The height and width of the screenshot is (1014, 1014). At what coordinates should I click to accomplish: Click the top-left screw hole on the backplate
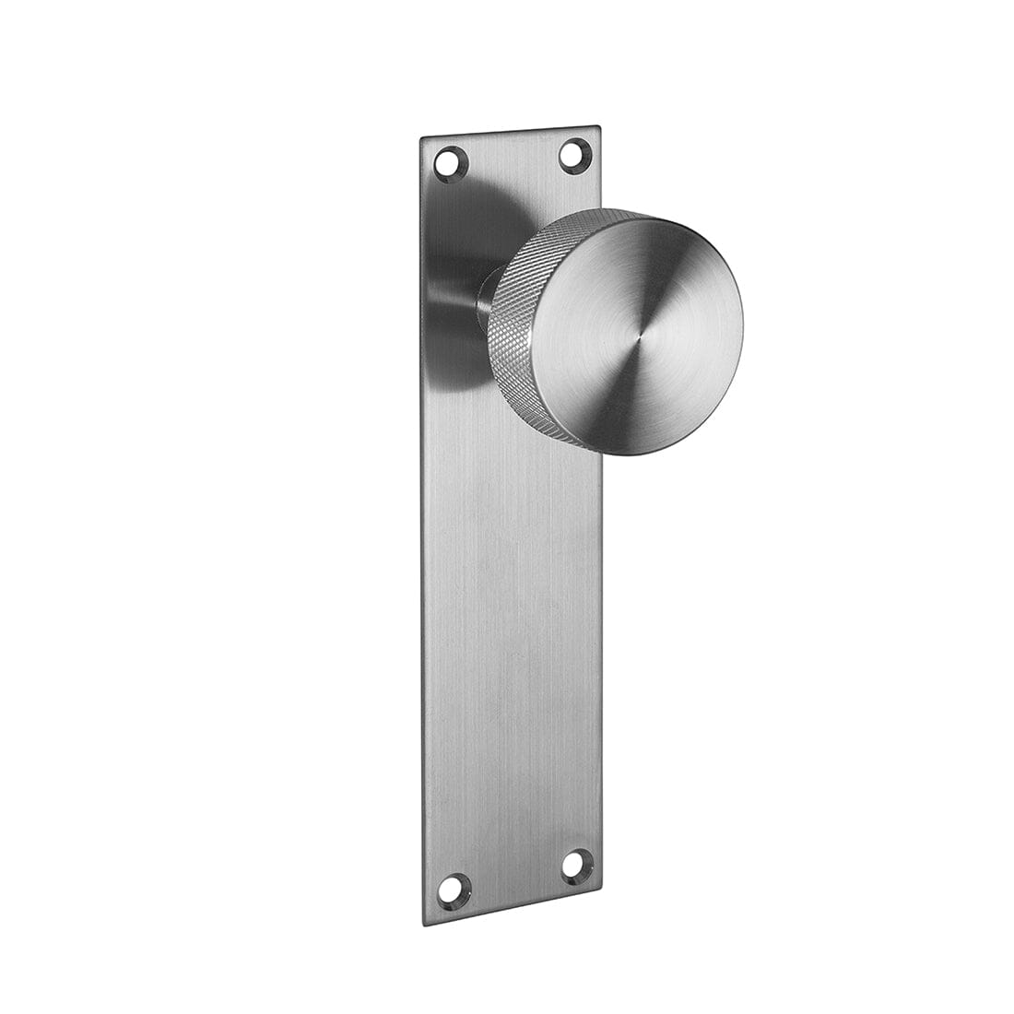(451, 163)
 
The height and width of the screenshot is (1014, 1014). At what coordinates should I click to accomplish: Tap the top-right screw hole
(574, 153)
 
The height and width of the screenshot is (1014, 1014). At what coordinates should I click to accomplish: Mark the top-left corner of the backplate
(421, 139)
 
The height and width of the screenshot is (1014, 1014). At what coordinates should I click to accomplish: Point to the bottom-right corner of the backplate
(602, 886)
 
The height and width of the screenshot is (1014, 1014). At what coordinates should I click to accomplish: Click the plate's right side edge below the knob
(601, 645)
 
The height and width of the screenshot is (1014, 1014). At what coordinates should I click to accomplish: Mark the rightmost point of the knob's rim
(743, 327)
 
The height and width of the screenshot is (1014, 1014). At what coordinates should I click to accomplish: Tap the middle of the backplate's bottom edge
(513, 905)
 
